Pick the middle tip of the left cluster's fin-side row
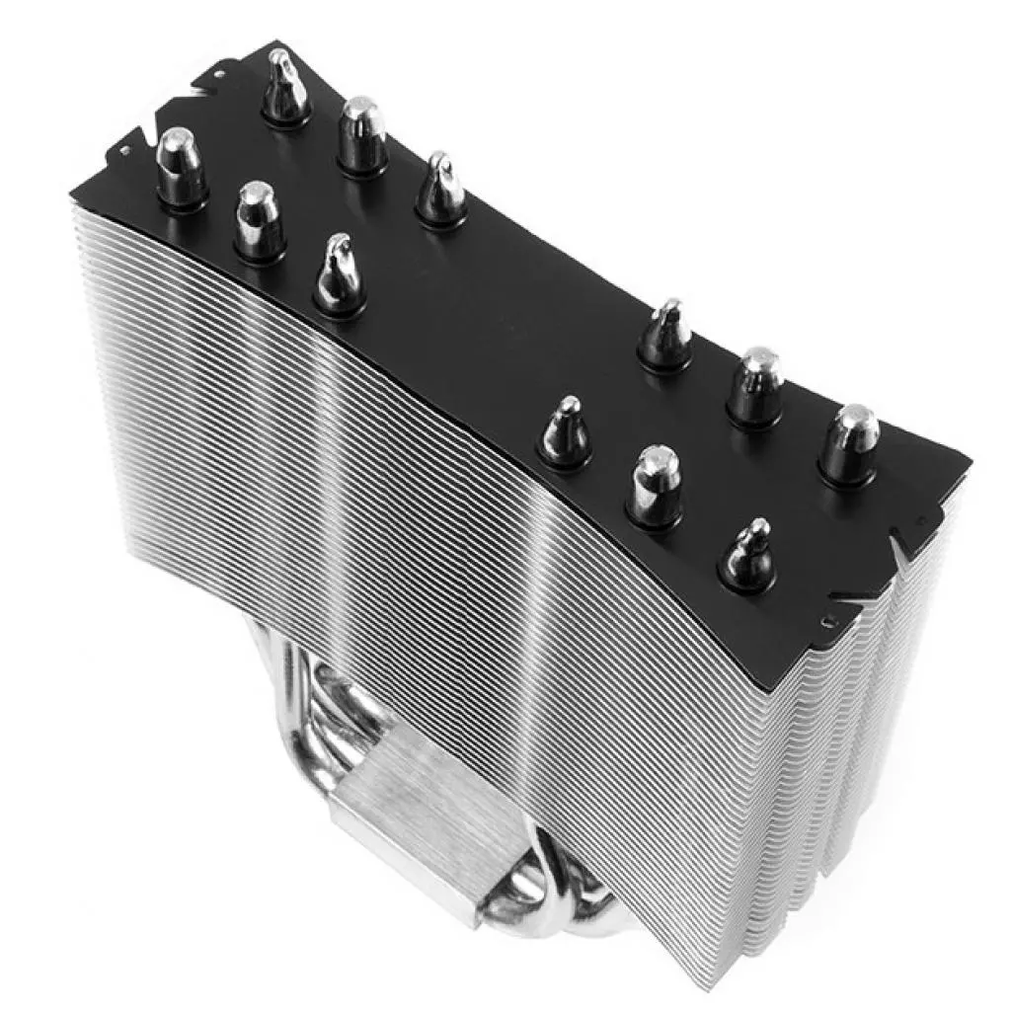(259, 219)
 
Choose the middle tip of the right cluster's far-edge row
(755, 384)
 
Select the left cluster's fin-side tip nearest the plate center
(340, 272)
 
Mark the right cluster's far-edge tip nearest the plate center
(664, 334)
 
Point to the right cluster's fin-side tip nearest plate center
(564, 428)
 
